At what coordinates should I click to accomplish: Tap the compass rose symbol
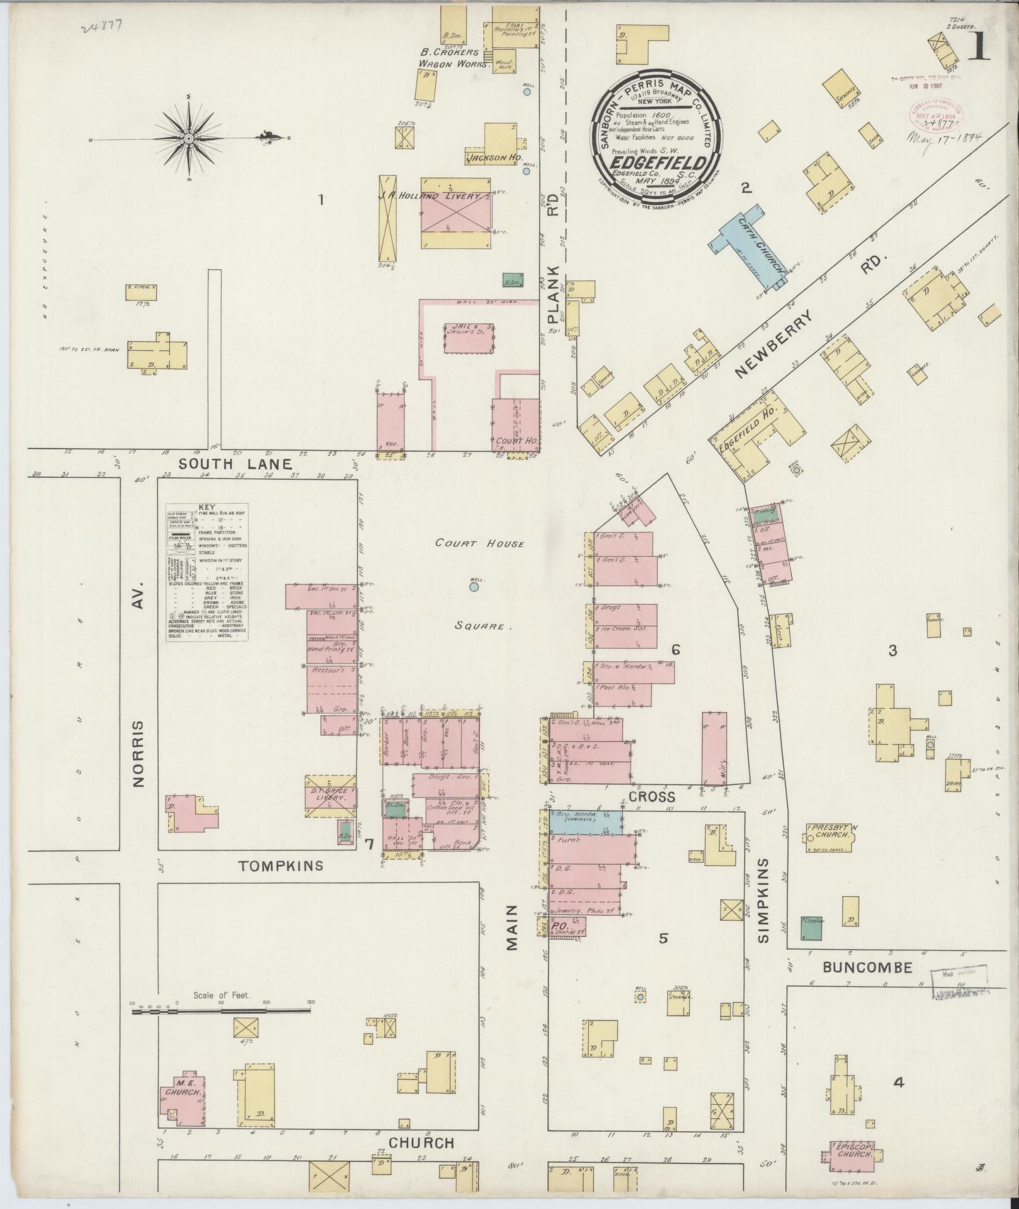tap(189, 138)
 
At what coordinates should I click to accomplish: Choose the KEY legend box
tap(207, 573)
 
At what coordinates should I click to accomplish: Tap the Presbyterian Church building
tap(830, 839)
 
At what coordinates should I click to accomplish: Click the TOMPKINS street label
tap(282, 865)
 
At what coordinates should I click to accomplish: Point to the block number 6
tap(675, 649)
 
